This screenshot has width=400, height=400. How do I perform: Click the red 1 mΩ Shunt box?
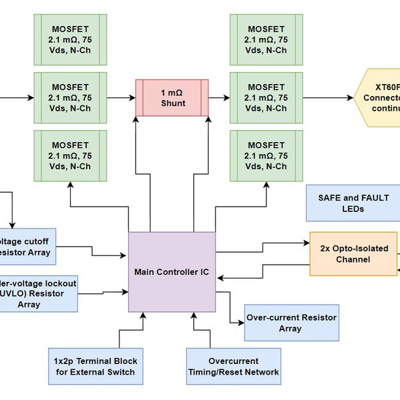pos(172,97)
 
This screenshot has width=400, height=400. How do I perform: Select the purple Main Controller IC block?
pos(172,271)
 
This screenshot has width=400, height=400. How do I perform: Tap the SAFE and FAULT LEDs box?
pos(352,203)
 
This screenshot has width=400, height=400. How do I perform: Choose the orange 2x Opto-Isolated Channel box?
pos(353,253)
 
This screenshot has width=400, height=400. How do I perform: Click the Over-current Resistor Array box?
pos(290,323)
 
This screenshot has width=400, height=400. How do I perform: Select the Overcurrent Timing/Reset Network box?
pos(233,366)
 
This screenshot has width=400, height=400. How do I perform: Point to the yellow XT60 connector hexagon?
pos(379,97)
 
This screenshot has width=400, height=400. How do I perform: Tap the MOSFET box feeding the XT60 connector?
pos(267,97)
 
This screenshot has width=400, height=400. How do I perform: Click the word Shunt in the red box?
pos(172,103)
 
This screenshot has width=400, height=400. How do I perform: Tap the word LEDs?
pos(352,209)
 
